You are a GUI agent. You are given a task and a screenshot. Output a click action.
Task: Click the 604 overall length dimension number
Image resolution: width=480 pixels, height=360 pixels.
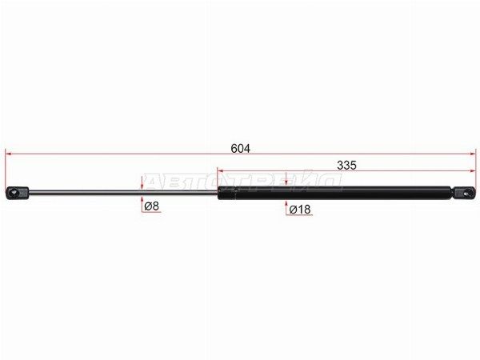point(240,149)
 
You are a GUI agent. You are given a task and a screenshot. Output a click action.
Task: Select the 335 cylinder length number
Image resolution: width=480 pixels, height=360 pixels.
point(346,166)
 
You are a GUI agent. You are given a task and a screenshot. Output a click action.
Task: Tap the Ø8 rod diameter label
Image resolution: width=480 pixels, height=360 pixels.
point(151,206)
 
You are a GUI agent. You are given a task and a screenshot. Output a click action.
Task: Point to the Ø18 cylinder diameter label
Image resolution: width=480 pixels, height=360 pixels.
point(300,210)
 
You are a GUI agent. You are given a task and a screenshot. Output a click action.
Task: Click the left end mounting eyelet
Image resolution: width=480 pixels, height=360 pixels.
point(17,193)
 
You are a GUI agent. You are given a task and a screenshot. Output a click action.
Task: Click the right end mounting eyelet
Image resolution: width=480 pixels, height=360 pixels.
point(465,194)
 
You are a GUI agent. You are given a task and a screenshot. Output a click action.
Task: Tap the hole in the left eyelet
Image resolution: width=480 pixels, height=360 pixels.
point(13,193)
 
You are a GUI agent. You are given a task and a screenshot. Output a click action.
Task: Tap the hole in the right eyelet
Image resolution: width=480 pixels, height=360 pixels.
point(467,194)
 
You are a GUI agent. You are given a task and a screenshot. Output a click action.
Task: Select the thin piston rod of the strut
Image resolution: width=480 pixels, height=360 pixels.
point(123,192)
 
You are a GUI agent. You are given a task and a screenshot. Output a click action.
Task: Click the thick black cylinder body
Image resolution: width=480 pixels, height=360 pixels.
point(334,193)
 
